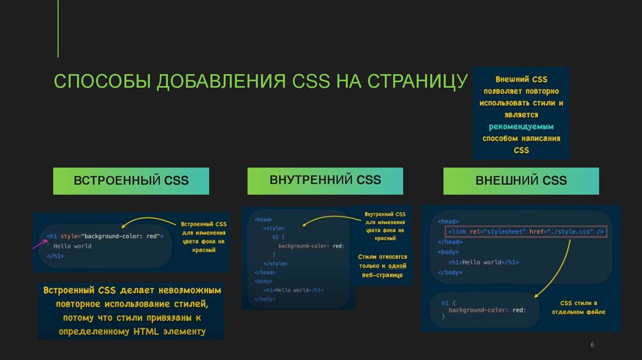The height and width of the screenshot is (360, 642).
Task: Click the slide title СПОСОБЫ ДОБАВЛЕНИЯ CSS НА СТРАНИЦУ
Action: [x=260, y=82]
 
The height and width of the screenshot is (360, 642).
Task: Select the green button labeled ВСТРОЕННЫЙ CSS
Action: [x=131, y=181]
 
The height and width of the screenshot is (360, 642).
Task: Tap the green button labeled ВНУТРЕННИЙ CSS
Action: [x=325, y=180]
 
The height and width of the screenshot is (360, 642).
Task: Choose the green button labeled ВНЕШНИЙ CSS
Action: [x=521, y=181]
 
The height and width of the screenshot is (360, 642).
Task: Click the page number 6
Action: [x=592, y=346]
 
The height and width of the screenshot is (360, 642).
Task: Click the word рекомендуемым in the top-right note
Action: [x=521, y=127]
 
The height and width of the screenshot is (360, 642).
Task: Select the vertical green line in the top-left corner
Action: [x=58, y=28]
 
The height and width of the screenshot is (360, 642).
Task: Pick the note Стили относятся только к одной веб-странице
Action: [x=382, y=266]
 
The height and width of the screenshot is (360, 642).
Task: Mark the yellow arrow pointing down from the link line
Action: [x=555, y=270]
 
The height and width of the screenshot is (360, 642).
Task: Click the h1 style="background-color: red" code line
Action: [x=105, y=236]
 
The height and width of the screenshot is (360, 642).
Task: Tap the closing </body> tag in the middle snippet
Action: [x=265, y=299]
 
